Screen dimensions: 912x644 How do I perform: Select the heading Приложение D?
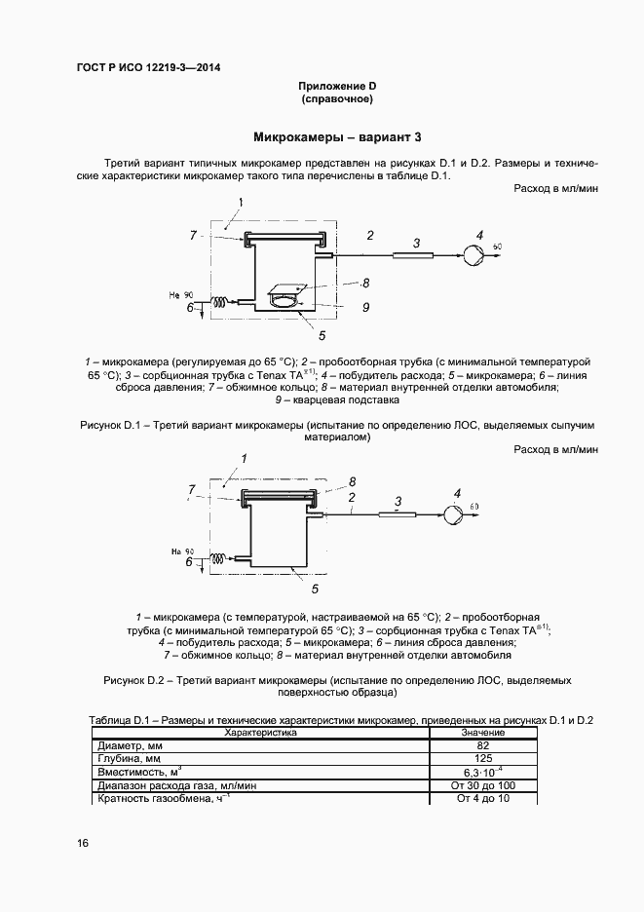click(338, 87)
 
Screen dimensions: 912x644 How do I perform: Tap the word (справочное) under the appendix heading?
click(338, 99)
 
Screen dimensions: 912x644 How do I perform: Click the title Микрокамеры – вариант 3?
click(337, 137)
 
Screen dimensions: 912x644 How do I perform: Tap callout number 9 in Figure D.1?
click(364, 308)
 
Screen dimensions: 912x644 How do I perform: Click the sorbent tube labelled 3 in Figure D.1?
click(414, 255)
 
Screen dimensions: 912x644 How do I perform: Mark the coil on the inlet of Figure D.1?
click(223, 302)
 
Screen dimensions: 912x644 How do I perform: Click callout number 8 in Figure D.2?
click(353, 481)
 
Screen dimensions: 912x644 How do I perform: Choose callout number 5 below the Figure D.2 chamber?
click(314, 589)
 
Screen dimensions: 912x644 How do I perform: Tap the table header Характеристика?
click(260, 732)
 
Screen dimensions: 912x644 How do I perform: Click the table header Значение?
click(483, 732)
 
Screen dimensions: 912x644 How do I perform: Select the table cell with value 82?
click(483, 744)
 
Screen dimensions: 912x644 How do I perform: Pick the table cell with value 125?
click(483, 758)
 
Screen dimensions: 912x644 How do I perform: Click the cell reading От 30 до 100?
click(483, 785)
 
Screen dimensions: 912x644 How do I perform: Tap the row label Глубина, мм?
click(129, 758)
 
